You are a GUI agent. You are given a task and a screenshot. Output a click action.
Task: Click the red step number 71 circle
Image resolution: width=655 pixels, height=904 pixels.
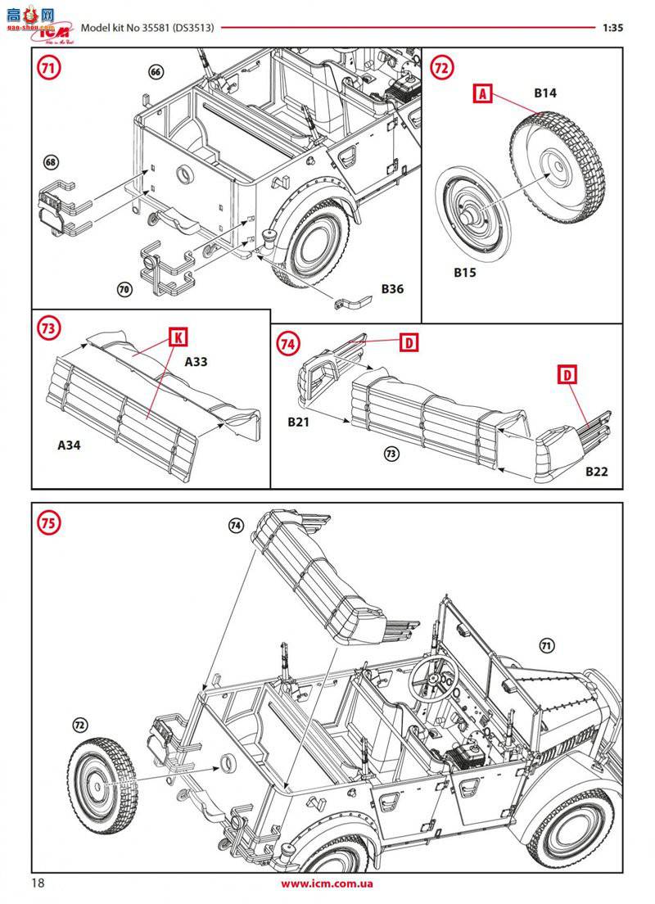coord(47,69)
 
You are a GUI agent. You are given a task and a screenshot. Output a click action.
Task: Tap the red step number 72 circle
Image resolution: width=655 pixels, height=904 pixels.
coord(441,69)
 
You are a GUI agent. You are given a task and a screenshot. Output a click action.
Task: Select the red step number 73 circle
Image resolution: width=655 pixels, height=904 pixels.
coord(48,328)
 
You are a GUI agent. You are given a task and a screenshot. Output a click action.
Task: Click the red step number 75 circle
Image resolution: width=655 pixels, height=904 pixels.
coord(48,524)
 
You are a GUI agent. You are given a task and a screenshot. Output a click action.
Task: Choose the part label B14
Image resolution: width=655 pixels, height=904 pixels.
coord(545,93)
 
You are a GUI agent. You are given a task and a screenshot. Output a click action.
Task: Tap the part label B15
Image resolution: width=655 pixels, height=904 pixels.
coord(465,272)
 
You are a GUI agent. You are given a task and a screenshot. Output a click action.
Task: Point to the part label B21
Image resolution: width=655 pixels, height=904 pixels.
coord(300,423)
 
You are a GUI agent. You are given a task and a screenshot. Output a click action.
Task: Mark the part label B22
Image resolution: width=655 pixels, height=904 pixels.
coord(598,472)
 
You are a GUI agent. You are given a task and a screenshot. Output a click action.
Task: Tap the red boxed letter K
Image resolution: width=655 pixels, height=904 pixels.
coord(176,336)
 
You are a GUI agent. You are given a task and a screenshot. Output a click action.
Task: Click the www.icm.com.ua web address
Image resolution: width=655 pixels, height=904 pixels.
coord(327,884)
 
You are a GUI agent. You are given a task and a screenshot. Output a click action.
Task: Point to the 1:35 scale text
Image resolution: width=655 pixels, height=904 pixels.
coord(612,27)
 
